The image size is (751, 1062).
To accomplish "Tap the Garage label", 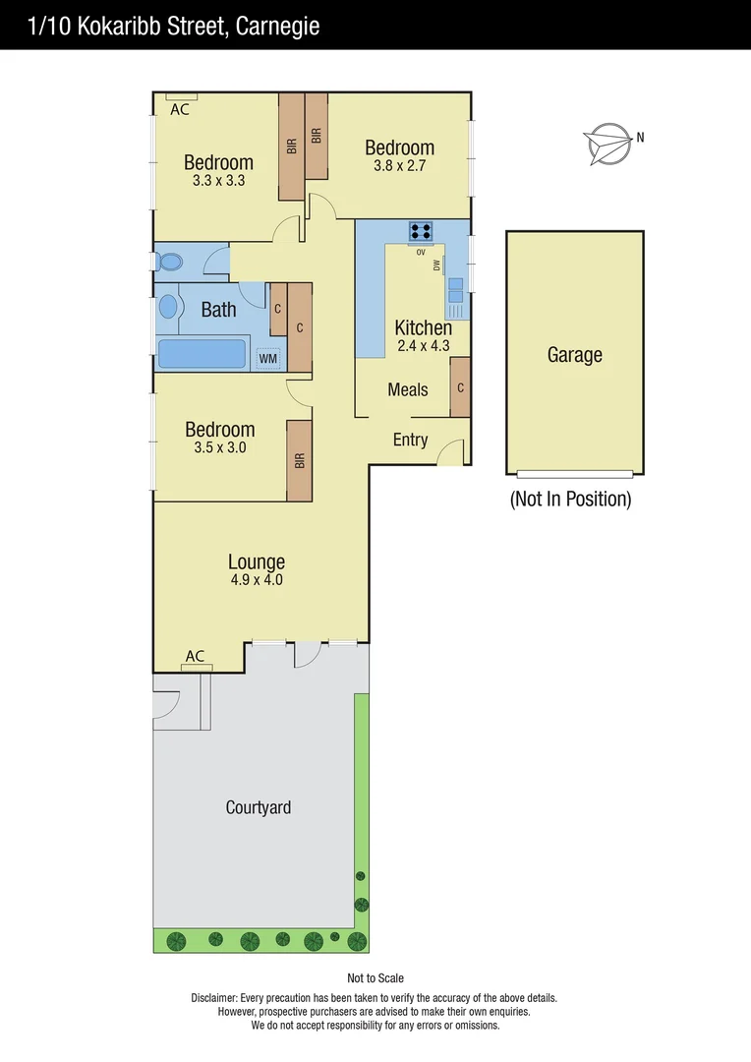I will click(x=574, y=355).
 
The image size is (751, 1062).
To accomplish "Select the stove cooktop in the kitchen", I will click(x=422, y=232).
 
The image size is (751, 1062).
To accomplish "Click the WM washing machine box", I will click(x=268, y=359).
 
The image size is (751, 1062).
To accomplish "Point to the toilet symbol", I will click(x=169, y=263).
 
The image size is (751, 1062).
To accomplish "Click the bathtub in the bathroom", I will click(x=202, y=355).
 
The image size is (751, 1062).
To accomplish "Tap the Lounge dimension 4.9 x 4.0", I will click(x=256, y=580).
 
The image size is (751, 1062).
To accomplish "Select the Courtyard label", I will click(x=259, y=807).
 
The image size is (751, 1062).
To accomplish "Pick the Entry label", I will click(x=410, y=440).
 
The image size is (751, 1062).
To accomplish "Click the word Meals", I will click(x=408, y=389).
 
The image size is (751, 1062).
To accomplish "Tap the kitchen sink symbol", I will click(x=456, y=290).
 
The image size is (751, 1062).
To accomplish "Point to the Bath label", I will click(x=218, y=310).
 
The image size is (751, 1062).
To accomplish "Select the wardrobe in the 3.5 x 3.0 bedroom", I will click(x=299, y=460).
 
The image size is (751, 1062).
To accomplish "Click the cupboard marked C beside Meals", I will click(x=460, y=387).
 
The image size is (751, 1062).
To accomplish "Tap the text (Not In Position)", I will click(x=570, y=499).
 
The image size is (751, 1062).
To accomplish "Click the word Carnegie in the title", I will click(x=277, y=27).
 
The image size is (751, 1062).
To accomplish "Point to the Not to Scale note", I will click(x=375, y=978).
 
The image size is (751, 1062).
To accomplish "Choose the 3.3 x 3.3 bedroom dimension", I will click(x=218, y=180).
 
